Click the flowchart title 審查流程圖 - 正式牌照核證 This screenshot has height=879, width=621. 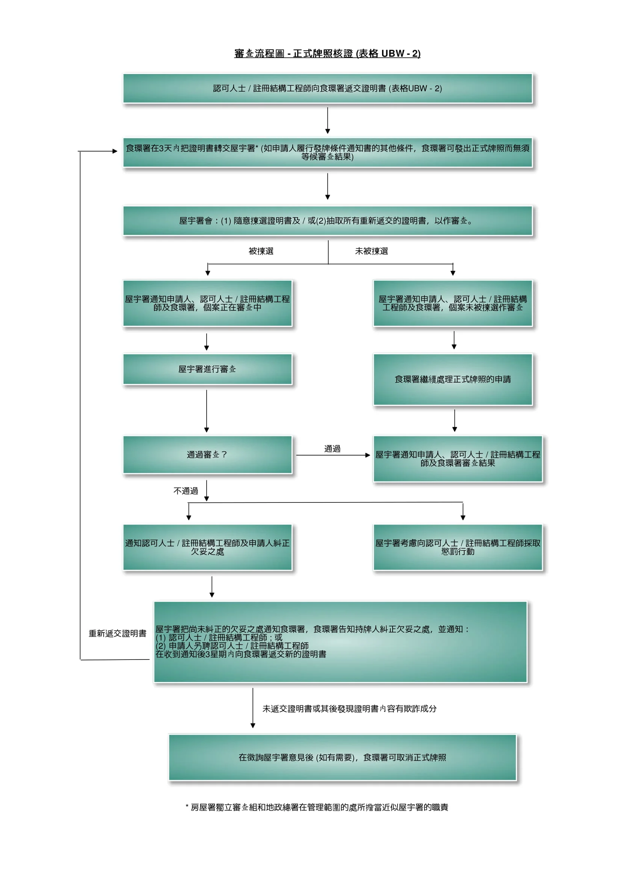[x=327, y=53]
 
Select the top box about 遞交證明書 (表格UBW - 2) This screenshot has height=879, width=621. [x=327, y=88]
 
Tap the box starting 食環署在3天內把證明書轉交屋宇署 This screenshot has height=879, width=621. [x=327, y=152]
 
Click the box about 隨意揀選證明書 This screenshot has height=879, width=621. [x=327, y=221]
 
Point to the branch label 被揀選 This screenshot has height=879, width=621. [x=261, y=251]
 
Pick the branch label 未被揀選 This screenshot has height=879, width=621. [x=371, y=251]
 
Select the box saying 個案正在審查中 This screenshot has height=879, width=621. [x=207, y=303]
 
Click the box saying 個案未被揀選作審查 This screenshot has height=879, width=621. [x=453, y=303]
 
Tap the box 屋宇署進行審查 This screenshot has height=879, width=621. [x=207, y=369]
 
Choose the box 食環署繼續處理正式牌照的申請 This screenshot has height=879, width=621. [x=453, y=380]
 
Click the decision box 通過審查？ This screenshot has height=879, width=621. [x=207, y=455]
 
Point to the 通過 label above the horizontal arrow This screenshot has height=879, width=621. [x=332, y=449]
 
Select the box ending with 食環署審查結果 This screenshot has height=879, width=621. [x=458, y=458]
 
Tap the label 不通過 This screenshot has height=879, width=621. [x=186, y=491]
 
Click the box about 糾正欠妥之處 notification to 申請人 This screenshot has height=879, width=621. [x=207, y=548]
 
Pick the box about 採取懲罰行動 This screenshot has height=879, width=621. [x=458, y=548]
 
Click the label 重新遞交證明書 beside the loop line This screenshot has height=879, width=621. [x=118, y=634]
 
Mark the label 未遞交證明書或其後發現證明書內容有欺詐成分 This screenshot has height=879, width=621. [x=349, y=709]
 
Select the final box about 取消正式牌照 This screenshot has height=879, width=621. [x=343, y=758]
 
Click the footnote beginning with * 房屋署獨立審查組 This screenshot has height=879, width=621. [x=317, y=807]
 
